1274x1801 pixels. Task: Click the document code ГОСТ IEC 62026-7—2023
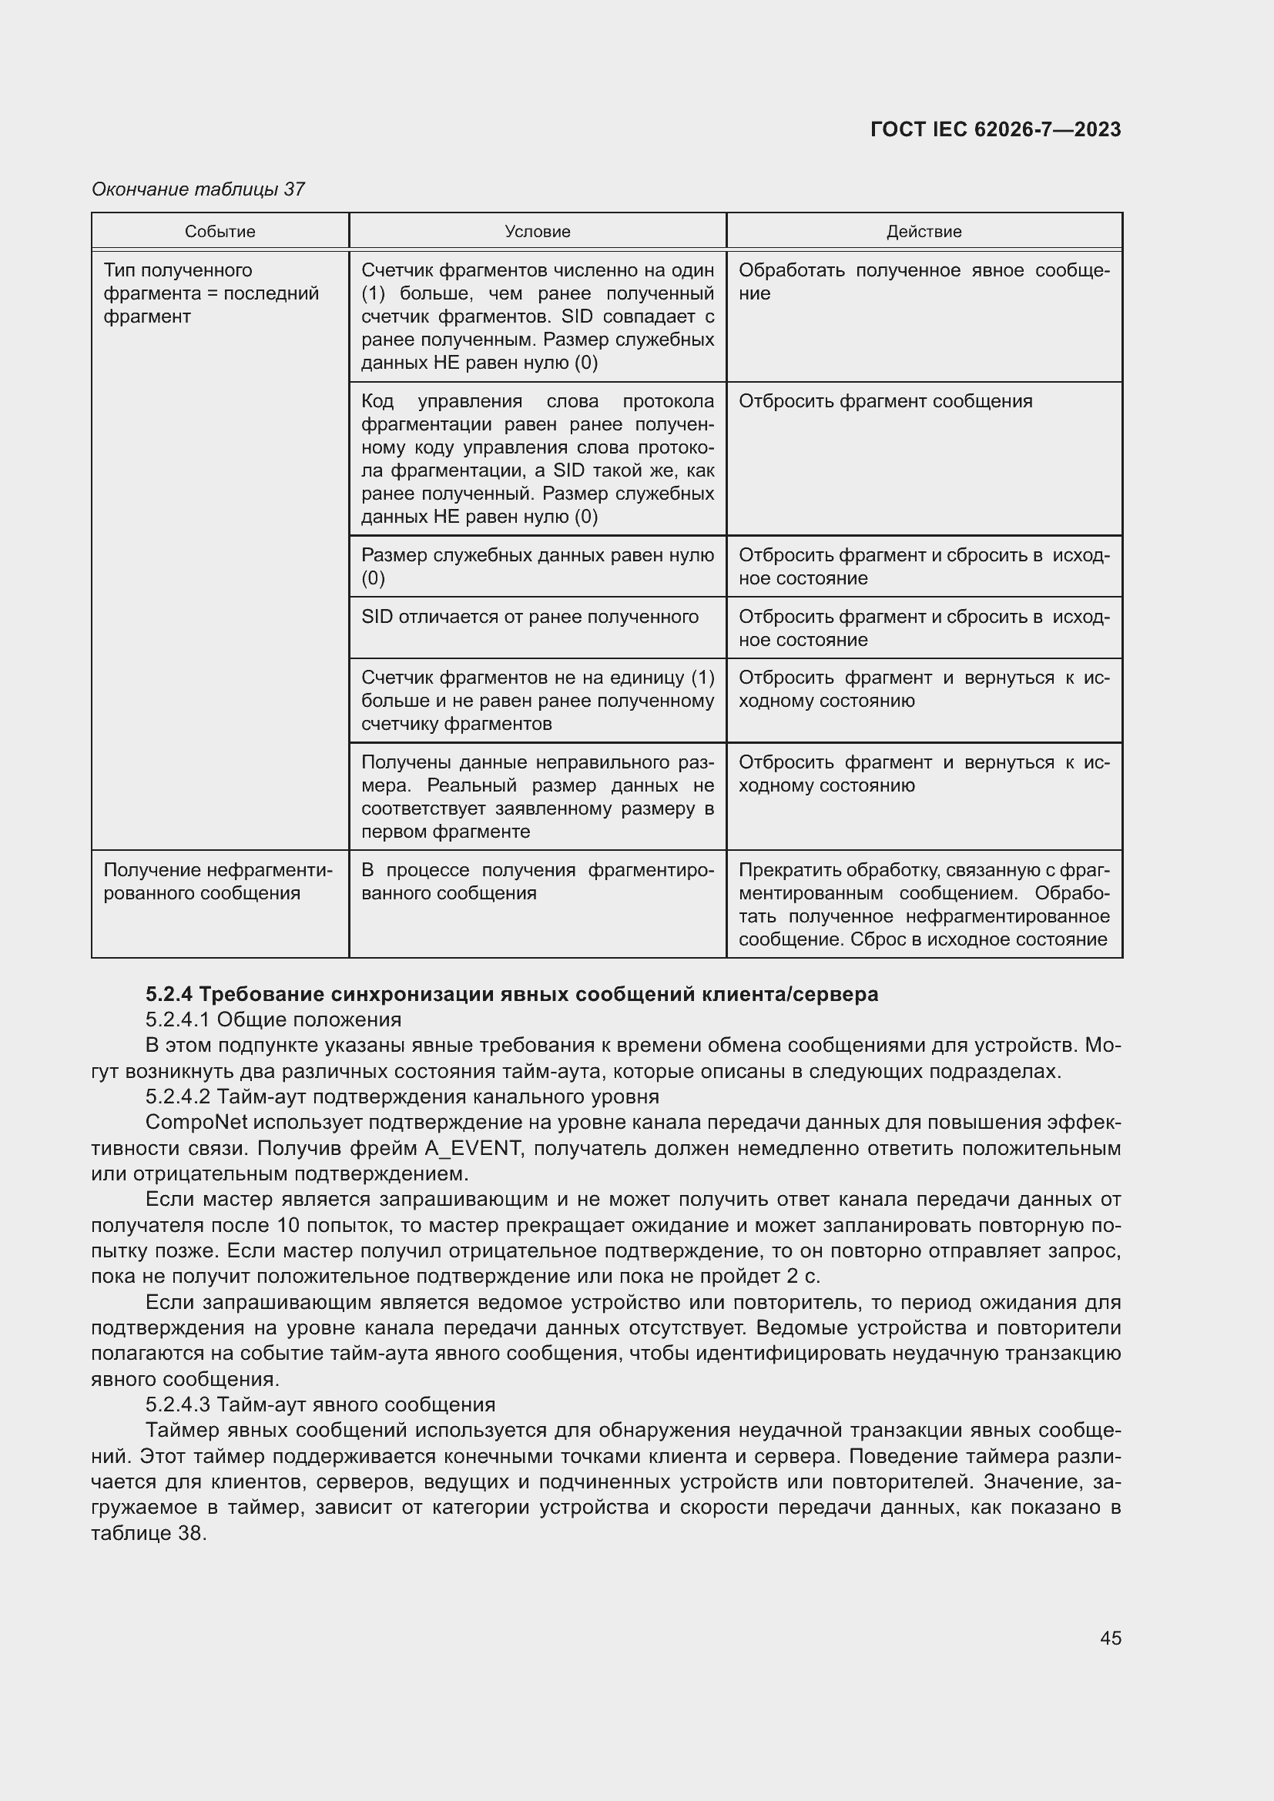tap(994, 129)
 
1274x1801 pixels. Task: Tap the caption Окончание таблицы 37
tap(198, 189)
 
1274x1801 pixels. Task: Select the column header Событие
tap(220, 232)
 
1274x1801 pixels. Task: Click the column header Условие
tap(538, 232)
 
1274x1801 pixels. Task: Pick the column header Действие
tap(924, 232)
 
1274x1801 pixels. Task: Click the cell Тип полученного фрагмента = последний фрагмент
tap(211, 293)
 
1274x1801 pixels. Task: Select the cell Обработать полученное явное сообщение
tap(924, 282)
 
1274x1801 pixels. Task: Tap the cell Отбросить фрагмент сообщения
tap(885, 402)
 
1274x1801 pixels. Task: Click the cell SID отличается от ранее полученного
tap(529, 618)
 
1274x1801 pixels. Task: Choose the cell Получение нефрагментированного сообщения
tap(217, 882)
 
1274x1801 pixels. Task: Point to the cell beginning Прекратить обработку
tap(924, 905)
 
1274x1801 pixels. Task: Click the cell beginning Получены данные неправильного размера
tap(538, 797)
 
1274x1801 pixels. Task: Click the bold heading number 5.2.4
tap(169, 995)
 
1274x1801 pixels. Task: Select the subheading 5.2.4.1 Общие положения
tap(273, 1019)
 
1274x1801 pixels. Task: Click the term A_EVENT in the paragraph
tap(472, 1149)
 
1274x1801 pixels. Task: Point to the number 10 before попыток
tap(289, 1226)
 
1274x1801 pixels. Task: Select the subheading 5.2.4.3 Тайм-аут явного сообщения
tap(320, 1405)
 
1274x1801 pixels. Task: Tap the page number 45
tap(1110, 1638)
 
